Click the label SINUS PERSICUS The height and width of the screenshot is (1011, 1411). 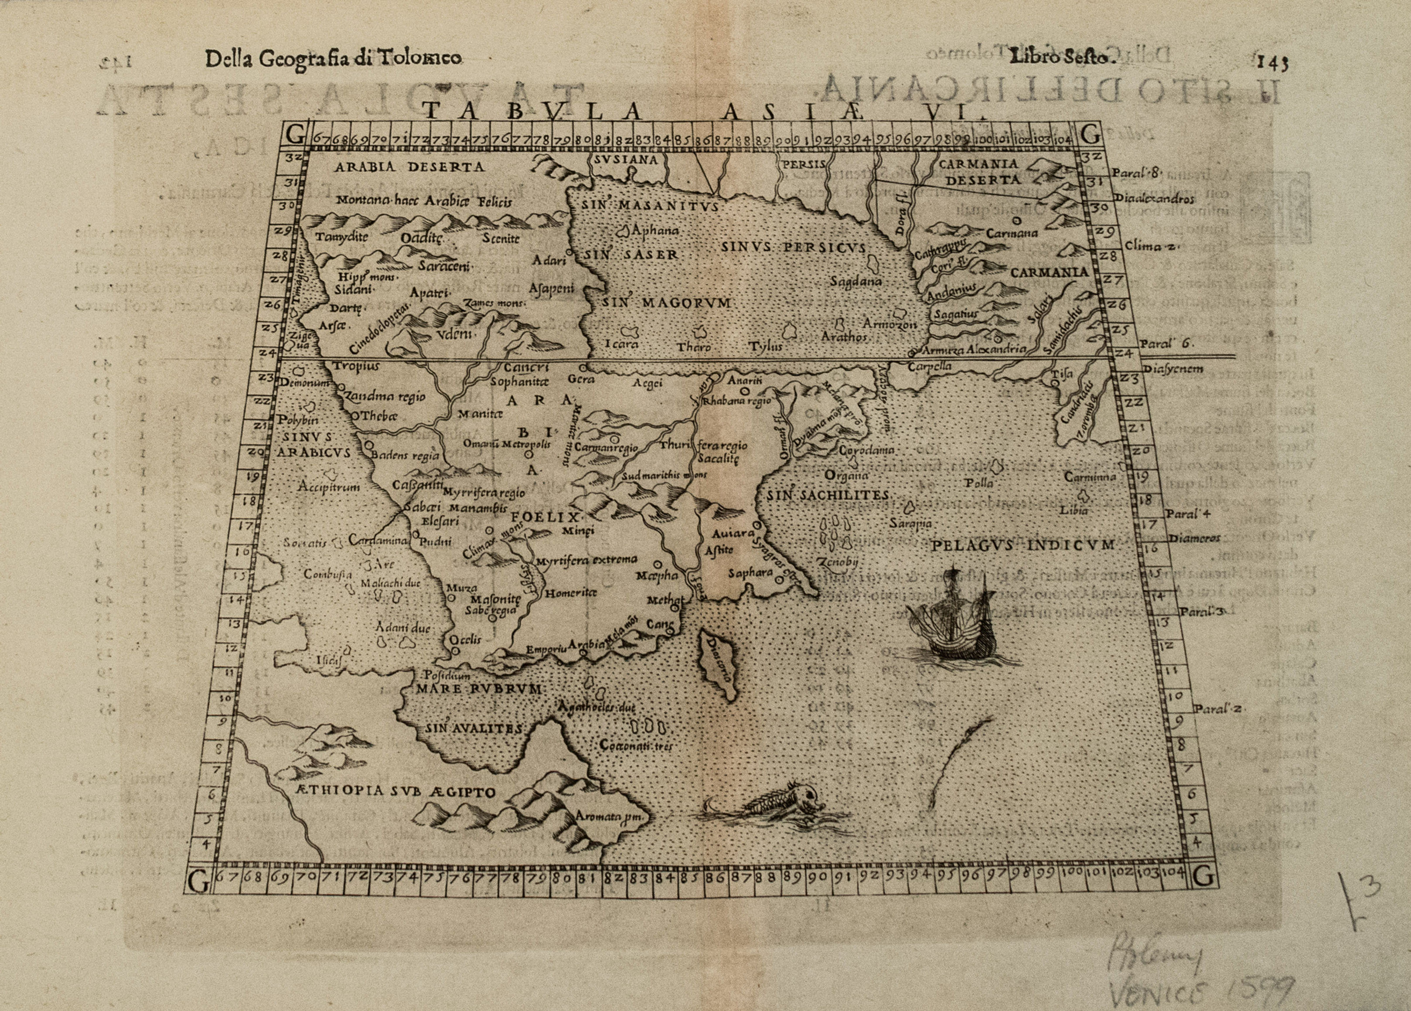pyautogui.click(x=793, y=248)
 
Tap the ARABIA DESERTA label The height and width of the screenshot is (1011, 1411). pyautogui.click(x=409, y=167)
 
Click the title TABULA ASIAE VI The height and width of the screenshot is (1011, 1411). pyautogui.click(x=691, y=111)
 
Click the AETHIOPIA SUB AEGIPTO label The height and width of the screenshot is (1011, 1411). pyautogui.click(x=392, y=792)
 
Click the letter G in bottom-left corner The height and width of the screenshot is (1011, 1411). pyautogui.click(x=198, y=881)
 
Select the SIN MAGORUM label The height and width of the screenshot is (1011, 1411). pyautogui.click(x=666, y=303)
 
